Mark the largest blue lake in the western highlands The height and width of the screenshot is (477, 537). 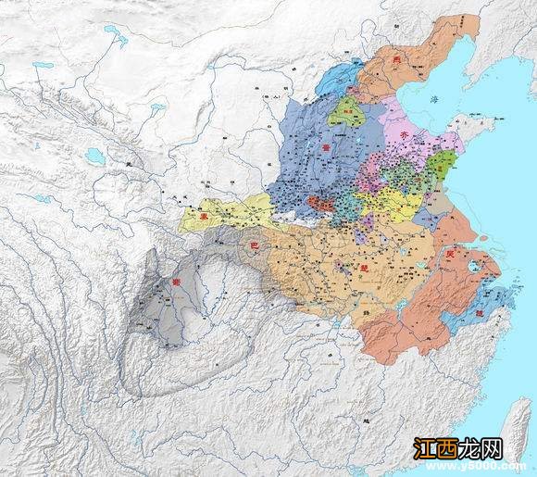tap(116, 38)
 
